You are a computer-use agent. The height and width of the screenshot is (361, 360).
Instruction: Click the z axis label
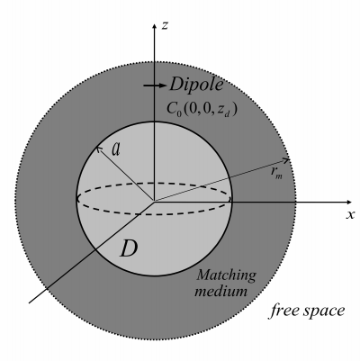click(165, 26)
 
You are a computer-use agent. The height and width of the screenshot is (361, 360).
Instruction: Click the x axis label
click(350, 214)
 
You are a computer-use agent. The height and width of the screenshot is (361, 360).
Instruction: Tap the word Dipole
click(196, 85)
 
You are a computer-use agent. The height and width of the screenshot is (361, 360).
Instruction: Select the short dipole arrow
click(155, 86)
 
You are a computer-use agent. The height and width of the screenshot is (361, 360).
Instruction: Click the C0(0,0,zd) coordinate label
click(202, 109)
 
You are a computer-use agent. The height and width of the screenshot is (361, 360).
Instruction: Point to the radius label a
click(116, 149)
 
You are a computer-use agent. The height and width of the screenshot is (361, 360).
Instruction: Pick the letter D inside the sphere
click(129, 248)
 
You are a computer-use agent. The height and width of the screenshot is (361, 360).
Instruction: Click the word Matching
click(227, 275)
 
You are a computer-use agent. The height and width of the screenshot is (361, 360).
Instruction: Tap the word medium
click(221, 291)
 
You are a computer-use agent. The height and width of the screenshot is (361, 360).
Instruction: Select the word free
click(283, 311)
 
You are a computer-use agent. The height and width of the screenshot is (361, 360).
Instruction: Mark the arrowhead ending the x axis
click(348, 202)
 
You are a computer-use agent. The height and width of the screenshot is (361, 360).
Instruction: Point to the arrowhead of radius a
click(98, 149)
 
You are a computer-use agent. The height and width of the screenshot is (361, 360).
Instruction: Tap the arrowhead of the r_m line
click(287, 160)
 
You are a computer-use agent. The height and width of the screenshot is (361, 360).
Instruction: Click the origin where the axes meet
click(154, 202)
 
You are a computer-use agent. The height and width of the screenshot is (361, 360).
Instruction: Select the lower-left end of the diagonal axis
click(29, 303)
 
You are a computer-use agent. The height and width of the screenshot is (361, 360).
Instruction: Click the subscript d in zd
click(227, 113)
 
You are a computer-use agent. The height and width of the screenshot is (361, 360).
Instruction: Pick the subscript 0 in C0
click(179, 114)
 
